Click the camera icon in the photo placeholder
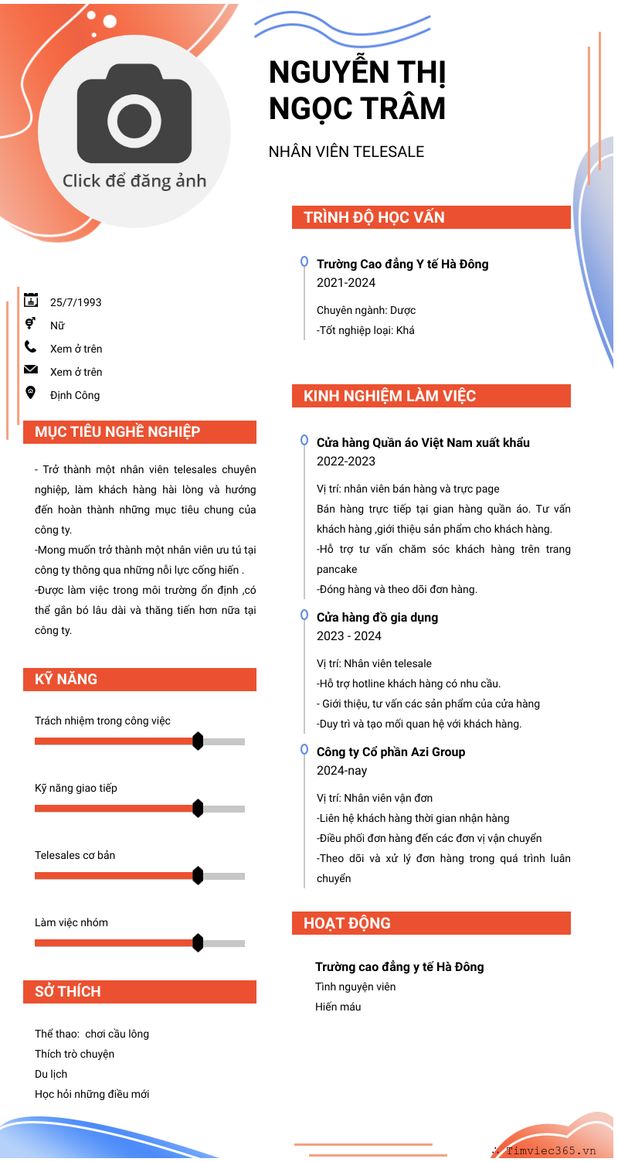click(134, 113)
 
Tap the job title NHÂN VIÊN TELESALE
click(346, 152)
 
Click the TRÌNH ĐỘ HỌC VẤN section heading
click(374, 217)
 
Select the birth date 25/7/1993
click(76, 302)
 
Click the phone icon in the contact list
click(31, 347)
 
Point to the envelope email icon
click(31, 370)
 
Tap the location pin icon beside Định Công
click(31, 393)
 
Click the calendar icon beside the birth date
click(31, 300)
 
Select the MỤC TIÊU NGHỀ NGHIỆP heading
click(117, 432)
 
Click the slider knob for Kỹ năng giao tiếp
click(198, 809)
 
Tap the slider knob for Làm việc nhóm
click(198, 943)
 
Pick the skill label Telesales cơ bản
click(75, 855)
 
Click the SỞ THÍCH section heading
click(68, 992)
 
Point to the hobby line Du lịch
click(51, 1074)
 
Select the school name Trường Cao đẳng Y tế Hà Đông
click(402, 264)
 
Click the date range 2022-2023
click(346, 462)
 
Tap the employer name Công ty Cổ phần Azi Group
click(391, 752)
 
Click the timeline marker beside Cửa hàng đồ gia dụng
click(304, 615)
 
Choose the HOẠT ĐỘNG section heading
click(347, 923)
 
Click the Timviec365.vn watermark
click(551, 1150)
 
